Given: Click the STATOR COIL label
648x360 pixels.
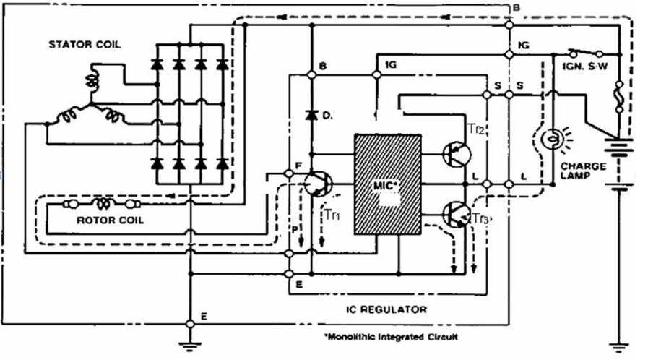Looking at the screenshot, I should pyautogui.click(x=85, y=44).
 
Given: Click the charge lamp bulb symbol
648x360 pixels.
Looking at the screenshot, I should pyautogui.click(x=553, y=137).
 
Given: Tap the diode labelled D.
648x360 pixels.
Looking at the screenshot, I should pyautogui.click(x=312, y=115).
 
